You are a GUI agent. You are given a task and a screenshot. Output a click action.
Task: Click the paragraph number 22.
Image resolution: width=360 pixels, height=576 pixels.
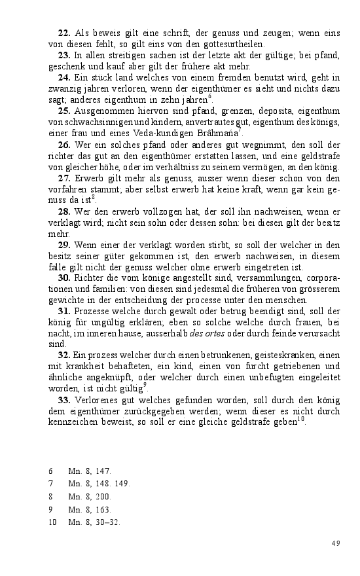(63, 33)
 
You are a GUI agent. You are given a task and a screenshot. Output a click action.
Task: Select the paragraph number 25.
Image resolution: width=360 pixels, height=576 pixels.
(63, 111)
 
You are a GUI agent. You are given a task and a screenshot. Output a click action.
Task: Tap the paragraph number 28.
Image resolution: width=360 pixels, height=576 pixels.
(63, 212)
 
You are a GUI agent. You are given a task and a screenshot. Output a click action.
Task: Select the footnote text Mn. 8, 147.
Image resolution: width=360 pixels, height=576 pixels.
(90, 471)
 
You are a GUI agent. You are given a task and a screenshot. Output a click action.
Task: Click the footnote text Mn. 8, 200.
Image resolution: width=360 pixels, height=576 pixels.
(90, 497)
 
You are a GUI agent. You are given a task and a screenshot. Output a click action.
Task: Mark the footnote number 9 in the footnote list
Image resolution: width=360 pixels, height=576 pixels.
(51, 509)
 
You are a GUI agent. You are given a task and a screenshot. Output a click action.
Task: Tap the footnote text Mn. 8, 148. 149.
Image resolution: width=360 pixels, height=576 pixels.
(99, 484)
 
